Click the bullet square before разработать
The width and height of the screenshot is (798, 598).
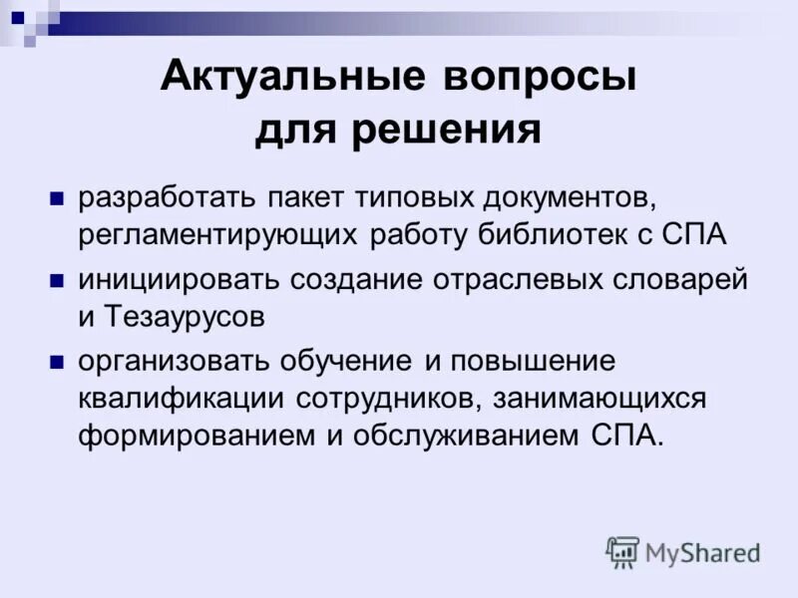[x=58, y=194]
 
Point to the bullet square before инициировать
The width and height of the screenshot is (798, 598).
[x=58, y=277]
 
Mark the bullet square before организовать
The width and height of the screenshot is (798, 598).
[x=58, y=360]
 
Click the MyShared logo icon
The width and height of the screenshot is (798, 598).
[x=622, y=551]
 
